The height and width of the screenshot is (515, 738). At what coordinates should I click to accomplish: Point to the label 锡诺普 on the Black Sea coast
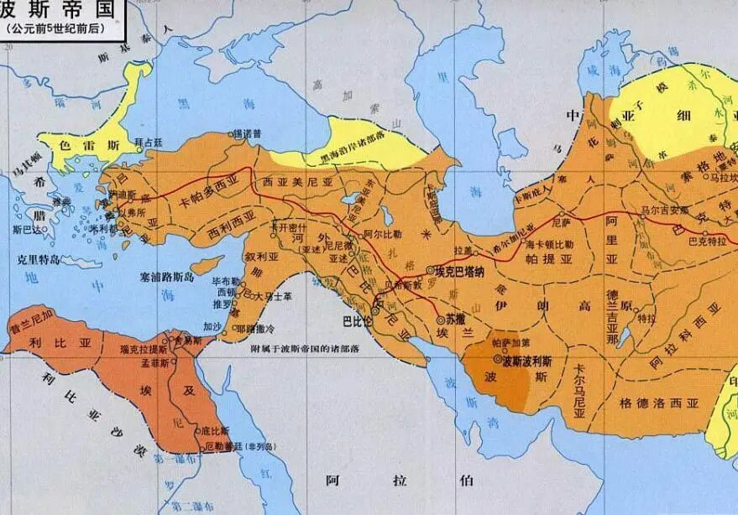pyautogui.click(x=244, y=133)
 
